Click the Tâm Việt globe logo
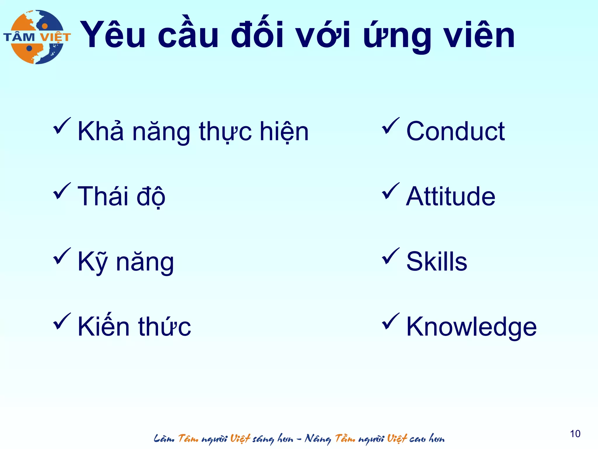coord(37,37)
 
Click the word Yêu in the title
coord(113,35)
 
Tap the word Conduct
coord(455,131)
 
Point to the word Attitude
coord(451,196)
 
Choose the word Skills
coord(437,261)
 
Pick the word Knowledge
coord(471,327)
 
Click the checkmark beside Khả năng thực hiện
coord(61,126)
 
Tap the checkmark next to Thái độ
coord(61,191)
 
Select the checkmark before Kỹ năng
coord(61,256)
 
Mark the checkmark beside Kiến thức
coord(61,322)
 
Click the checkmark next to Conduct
coord(390,126)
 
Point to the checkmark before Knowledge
coord(390,322)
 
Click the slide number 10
coord(575,434)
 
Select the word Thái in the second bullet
coord(103,196)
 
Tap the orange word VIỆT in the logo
coord(55,37)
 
